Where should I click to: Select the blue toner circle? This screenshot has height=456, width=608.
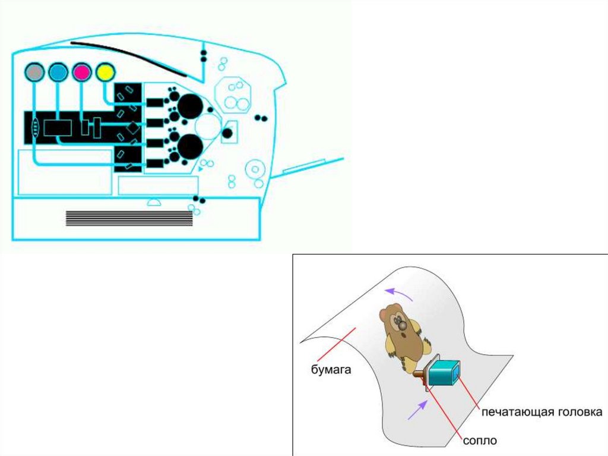click(x=58, y=73)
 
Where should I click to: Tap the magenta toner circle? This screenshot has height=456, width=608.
click(x=81, y=73)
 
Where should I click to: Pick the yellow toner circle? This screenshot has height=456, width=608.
click(x=104, y=73)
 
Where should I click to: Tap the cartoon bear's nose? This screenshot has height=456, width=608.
click(x=403, y=325)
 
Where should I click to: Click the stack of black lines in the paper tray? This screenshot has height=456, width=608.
click(x=129, y=218)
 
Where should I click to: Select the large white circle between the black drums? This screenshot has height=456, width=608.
click(x=208, y=126)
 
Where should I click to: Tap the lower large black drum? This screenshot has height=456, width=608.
click(x=190, y=146)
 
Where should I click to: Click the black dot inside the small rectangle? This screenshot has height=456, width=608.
click(x=227, y=133)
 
